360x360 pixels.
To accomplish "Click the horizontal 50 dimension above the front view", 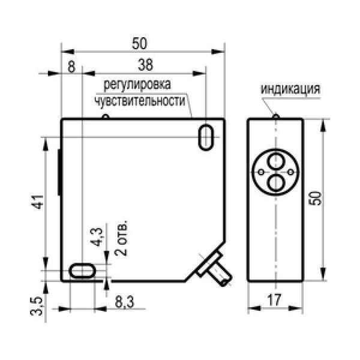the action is pyautogui.click(x=139, y=43).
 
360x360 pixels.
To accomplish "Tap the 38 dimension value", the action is pyautogui.click(x=145, y=65).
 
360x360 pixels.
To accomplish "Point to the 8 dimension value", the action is pyautogui.click(x=71, y=67).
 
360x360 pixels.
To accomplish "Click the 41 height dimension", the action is pyautogui.click(x=37, y=202).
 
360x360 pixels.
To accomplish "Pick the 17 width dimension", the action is pyautogui.click(x=274, y=299).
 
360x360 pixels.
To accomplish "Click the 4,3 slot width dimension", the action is pyautogui.click(x=97, y=237).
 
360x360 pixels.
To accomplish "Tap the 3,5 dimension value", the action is pyautogui.click(x=37, y=306).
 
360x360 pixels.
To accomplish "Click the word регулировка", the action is pyautogui.click(x=137, y=85).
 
